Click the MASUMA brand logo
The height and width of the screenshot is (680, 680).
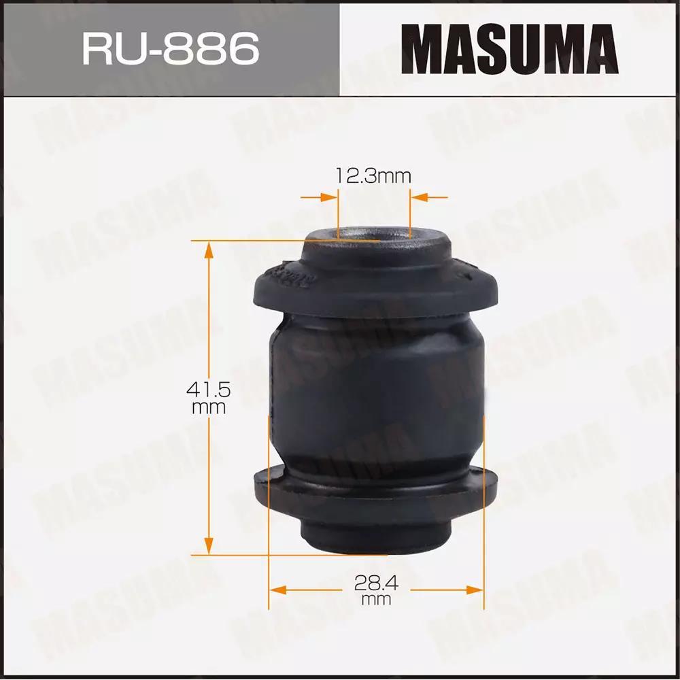(x=509, y=48)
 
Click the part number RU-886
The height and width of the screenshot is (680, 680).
(x=171, y=49)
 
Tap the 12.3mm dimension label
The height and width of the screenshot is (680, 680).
(x=373, y=176)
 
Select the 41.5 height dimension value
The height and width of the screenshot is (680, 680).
(x=208, y=390)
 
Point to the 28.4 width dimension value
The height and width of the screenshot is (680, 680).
(x=376, y=583)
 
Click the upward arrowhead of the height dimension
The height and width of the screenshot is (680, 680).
(x=209, y=250)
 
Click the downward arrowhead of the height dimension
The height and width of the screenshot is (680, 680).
(x=209, y=546)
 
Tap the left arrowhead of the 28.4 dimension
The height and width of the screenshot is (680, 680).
(x=278, y=590)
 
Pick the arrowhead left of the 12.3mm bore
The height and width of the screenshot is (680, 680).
(x=329, y=198)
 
